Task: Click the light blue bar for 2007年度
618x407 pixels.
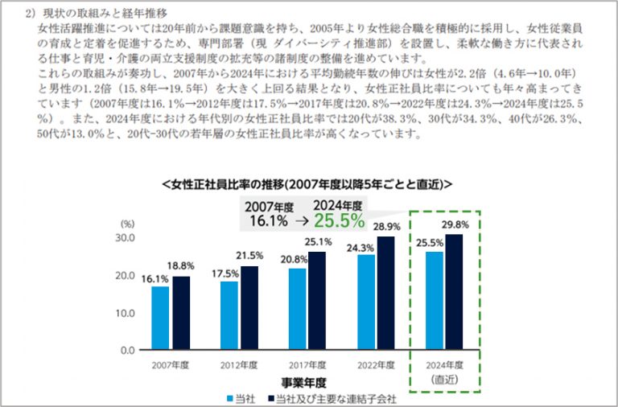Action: (160, 318)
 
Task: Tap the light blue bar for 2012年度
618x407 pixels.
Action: (229, 315)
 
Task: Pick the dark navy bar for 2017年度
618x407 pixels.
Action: (318, 301)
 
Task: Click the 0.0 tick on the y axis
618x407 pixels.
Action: (127, 351)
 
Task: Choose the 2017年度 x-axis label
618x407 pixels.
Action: (307, 364)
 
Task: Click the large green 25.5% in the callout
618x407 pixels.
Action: (339, 220)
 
